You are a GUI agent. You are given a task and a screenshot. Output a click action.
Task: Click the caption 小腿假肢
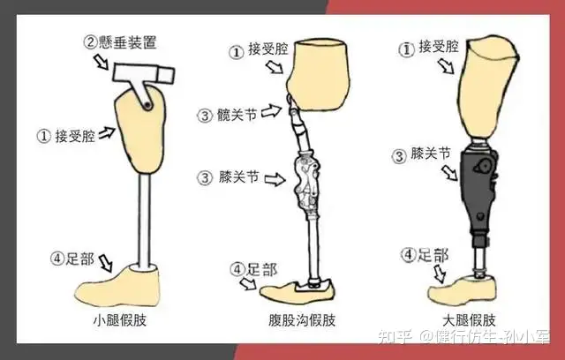tap(120, 320)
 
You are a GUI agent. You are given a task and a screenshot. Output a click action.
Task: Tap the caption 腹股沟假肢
tap(302, 320)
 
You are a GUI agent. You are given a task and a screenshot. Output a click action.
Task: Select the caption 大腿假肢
tap(469, 320)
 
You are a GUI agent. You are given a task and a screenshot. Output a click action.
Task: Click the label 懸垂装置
tap(127, 42)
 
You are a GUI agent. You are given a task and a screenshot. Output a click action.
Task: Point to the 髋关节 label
tap(237, 116)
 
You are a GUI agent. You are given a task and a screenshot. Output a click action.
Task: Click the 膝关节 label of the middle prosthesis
tap(238, 176)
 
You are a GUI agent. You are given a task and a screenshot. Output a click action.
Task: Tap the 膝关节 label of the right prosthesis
tap(431, 154)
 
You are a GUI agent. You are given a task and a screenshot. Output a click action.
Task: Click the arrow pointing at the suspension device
tap(101, 62)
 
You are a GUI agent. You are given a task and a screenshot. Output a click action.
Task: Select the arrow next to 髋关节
tap(271, 111)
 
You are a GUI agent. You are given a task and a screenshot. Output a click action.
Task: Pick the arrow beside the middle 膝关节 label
tap(275, 179)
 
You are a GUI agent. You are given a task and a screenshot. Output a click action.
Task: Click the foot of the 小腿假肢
tap(117, 286)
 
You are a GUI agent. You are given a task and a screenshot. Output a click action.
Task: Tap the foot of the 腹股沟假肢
tap(298, 291)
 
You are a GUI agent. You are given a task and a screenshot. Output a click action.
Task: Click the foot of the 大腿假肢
tap(463, 288)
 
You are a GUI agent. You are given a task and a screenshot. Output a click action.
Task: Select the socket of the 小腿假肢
tap(140, 131)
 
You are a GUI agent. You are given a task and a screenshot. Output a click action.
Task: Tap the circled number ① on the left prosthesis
tap(44, 136)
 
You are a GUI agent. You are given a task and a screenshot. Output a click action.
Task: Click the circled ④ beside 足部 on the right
tap(409, 255)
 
